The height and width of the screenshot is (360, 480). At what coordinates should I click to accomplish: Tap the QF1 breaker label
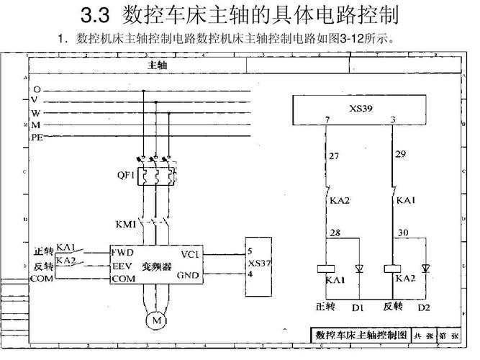126,174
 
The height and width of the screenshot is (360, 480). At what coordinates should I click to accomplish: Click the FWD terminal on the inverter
122,253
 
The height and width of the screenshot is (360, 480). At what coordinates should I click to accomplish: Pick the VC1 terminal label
190,254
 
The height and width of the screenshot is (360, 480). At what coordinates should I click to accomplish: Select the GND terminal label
189,274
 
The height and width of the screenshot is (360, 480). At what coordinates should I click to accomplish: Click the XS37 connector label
258,263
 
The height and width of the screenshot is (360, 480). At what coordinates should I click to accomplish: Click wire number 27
333,156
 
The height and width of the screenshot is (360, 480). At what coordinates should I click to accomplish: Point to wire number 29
401,155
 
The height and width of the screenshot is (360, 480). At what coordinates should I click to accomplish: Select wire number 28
335,232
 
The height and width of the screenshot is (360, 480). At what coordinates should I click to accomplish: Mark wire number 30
402,232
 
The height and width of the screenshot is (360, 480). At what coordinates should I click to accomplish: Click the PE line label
37,137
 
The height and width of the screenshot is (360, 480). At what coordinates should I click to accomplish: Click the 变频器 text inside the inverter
156,266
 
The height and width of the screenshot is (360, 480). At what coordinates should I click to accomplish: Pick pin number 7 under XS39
327,120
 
